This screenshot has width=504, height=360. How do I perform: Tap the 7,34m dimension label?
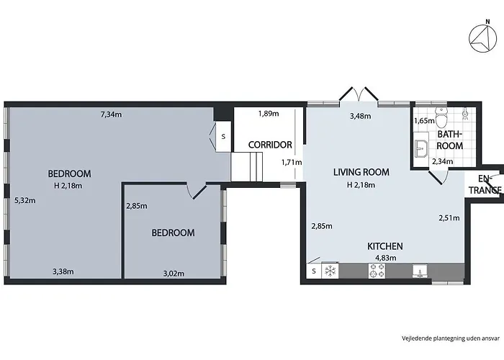pyautogui.click(x=112, y=114)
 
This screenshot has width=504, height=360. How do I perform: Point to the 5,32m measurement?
pyautogui.click(x=24, y=201)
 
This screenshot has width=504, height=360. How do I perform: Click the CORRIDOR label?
pyautogui.click(x=270, y=145)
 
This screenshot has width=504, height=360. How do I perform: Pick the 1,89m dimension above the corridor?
pyautogui.click(x=268, y=114)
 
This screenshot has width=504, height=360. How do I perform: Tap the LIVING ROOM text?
pyautogui.click(x=361, y=172)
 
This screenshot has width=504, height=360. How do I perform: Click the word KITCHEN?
pyautogui.click(x=385, y=246)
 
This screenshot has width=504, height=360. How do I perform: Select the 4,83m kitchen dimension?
pyautogui.click(x=385, y=257)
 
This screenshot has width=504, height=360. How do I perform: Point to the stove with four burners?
pyautogui.click(x=377, y=271)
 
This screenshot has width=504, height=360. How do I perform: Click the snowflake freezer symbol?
pyautogui.click(x=331, y=271)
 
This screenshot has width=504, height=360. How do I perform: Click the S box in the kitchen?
pyautogui.click(x=314, y=271)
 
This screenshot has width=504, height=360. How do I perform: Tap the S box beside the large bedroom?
pyautogui.click(x=223, y=136)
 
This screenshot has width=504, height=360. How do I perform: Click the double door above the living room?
pyautogui.click(x=358, y=96)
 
